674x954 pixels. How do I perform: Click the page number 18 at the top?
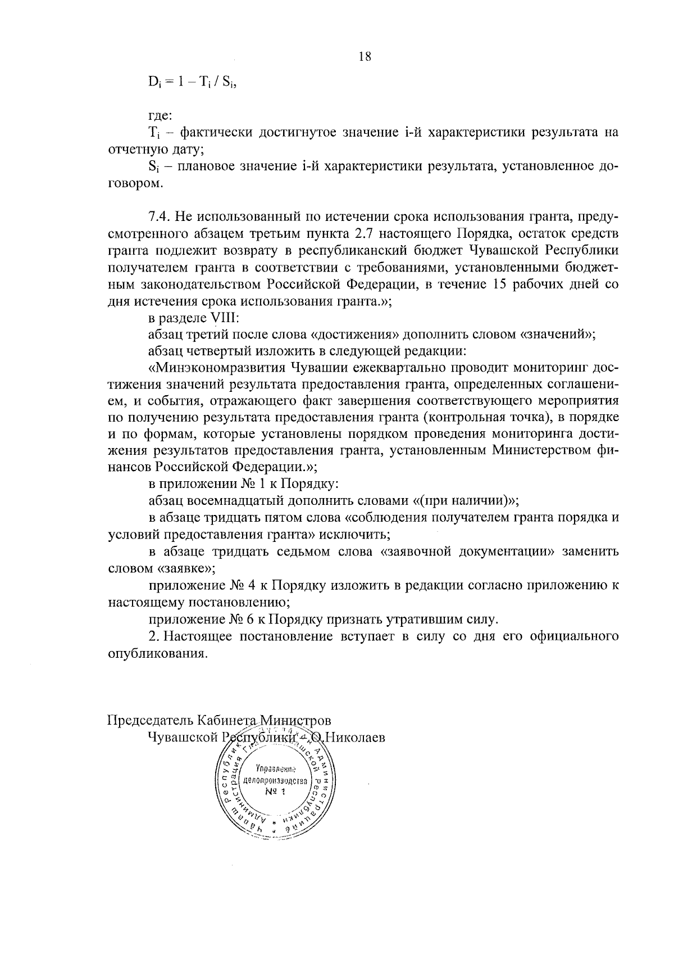365,57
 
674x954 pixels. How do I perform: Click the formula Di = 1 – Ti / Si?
190,83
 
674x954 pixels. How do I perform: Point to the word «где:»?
161,116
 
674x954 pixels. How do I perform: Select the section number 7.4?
159,217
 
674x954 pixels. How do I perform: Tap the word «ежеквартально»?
396,368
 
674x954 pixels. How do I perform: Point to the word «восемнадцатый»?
238,501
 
